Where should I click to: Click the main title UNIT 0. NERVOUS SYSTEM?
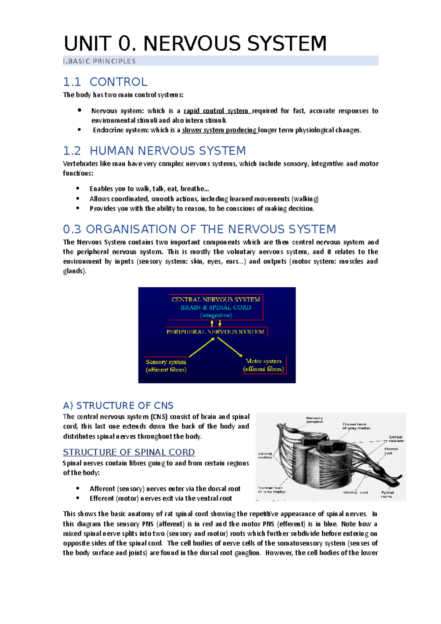click(195, 43)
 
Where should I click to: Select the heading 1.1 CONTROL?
click(105, 82)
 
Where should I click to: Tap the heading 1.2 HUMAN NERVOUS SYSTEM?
click(154, 151)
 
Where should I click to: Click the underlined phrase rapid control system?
click(217, 111)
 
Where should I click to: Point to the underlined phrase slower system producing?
click(219, 130)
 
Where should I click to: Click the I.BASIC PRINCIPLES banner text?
click(100, 61)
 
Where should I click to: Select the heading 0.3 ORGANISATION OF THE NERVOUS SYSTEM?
click(199, 229)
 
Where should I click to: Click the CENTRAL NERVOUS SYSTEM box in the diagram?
click(216, 307)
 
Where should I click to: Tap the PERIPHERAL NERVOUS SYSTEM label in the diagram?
click(215, 332)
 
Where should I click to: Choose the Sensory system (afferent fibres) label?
click(166, 366)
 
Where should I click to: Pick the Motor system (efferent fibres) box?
click(263, 365)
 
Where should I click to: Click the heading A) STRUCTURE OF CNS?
click(118, 405)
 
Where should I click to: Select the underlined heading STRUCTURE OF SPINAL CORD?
click(129, 452)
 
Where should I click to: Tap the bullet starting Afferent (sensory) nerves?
click(165, 489)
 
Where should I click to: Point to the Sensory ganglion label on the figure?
click(315, 420)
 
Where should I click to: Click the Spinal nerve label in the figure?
click(387, 494)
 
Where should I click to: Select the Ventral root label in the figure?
click(355, 492)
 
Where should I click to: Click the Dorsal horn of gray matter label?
click(356, 426)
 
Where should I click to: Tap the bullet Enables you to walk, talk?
click(149, 189)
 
